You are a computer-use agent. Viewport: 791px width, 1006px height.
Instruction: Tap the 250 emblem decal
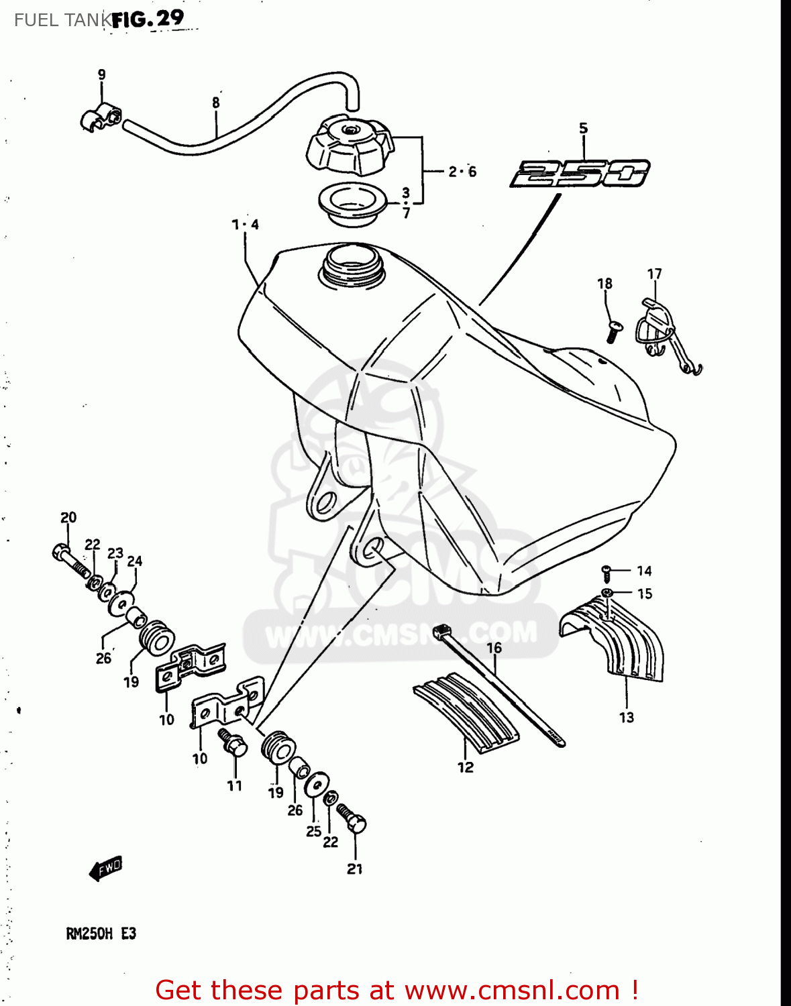pos(580,173)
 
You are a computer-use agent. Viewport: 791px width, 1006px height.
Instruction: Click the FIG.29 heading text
pos(148,19)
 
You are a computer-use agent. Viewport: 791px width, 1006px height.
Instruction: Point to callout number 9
pos(101,74)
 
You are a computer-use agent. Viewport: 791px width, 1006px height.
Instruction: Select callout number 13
pos(626,718)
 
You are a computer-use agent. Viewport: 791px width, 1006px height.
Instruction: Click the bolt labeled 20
pos(70,561)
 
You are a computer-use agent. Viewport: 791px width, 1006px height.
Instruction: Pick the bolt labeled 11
pos(233,743)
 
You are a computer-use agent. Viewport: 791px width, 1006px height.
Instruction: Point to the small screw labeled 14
pos(607,571)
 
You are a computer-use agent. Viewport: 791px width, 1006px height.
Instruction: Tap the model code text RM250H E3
pos(101,934)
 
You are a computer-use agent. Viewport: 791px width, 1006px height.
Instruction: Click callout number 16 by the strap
pos(494,648)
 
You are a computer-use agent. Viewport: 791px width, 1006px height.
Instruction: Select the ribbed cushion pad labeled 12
pos(466,711)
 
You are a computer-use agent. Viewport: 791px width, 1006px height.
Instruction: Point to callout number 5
pos(583,128)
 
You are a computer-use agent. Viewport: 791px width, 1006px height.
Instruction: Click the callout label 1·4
pos(246,225)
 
